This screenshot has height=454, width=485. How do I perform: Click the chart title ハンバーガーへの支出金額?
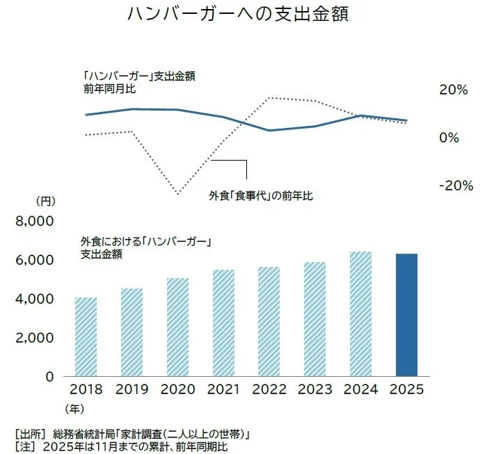coord(237,15)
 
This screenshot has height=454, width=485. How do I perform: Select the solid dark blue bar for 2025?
coord(407,315)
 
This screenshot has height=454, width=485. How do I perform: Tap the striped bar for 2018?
coord(86,337)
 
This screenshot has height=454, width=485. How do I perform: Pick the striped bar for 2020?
coord(178,327)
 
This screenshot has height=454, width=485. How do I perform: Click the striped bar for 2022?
coord(269,321)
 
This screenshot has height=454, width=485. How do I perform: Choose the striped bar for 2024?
coord(361,314)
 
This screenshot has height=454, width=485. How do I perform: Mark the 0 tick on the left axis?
coord(49,376)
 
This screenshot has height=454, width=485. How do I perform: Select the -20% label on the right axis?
coord(455,186)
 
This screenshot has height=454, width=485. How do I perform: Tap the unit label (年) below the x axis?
coord(74,410)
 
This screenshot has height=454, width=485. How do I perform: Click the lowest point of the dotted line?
coord(178,194)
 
